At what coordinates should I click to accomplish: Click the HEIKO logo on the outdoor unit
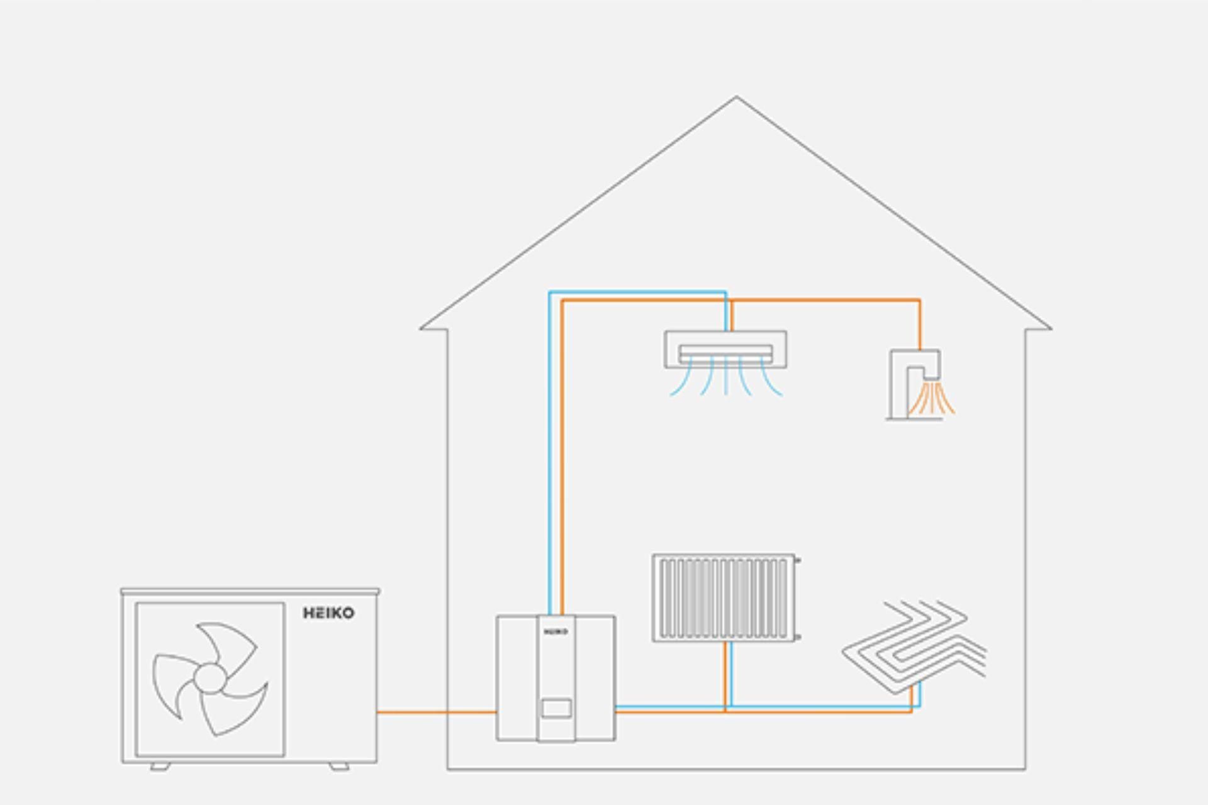(x=328, y=613)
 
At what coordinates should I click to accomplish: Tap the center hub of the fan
(x=210, y=677)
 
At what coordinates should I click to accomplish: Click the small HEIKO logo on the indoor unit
(x=556, y=631)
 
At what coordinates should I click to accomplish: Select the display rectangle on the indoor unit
(x=556, y=708)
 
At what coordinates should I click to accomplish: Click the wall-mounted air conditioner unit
(x=725, y=348)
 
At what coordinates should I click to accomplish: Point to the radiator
(x=724, y=597)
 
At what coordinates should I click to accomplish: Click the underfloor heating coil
(x=914, y=648)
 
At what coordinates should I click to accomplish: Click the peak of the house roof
(x=736, y=97)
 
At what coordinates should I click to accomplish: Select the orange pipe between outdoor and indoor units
(x=437, y=712)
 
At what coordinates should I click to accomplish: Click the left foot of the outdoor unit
(x=160, y=767)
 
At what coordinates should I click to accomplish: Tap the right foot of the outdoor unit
(x=339, y=767)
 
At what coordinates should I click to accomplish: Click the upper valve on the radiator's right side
(x=798, y=560)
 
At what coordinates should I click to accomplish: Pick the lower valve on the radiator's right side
(x=798, y=637)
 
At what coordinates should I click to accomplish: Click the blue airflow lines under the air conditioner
(x=725, y=377)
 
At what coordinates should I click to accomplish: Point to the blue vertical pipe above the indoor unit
(x=549, y=453)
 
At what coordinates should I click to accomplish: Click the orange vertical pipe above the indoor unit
(x=562, y=453)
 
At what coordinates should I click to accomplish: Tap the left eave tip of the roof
(x=421, y=328)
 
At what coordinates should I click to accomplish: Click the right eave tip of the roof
(x=1051, y=328)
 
